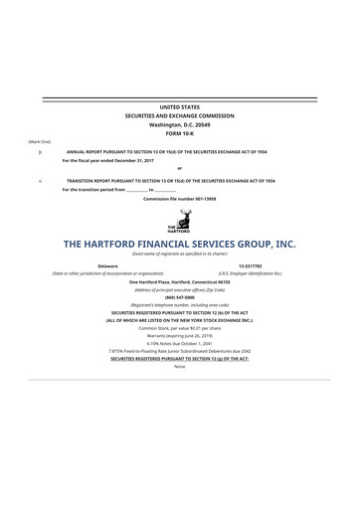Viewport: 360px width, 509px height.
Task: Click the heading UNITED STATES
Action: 179,105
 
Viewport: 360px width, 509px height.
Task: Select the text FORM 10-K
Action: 179,132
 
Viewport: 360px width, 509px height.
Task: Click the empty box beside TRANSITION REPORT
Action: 39,181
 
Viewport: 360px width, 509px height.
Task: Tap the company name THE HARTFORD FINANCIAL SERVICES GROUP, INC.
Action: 179,244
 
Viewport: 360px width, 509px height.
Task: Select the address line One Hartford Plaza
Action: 179,282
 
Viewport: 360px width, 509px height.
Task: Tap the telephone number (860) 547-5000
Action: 179,298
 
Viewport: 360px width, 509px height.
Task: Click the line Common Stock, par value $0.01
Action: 179,328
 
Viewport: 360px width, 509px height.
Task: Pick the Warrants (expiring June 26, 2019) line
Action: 179,336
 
